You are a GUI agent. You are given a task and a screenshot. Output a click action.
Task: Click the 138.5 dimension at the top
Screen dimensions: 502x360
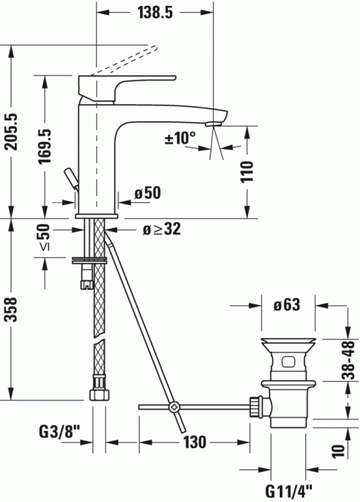point(153,12)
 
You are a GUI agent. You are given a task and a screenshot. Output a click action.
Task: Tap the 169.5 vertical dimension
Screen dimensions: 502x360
point(44,146)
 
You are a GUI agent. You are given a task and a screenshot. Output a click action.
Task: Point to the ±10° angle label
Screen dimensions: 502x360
point(180,138)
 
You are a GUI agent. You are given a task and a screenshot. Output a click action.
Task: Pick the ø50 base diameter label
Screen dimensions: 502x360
point(148,193)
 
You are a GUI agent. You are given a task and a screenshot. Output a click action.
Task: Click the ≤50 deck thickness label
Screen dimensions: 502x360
point(44,237)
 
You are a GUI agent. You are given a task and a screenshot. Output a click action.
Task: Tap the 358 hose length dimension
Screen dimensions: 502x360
point(11,309)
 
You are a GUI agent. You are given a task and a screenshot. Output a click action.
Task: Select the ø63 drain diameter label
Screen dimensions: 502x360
point(286,305)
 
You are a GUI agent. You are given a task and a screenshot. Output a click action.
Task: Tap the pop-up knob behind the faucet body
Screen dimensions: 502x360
point(71,176)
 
